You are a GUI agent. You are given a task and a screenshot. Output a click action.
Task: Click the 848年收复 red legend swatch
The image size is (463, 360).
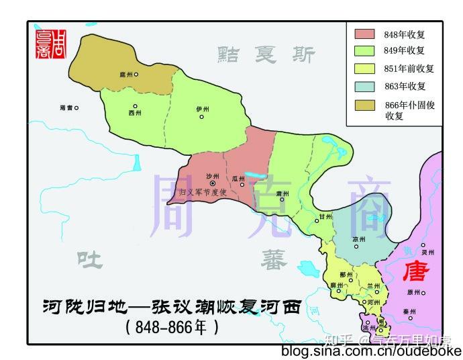point(364,34)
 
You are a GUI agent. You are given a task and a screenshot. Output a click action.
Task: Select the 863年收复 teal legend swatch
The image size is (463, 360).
point(364,86)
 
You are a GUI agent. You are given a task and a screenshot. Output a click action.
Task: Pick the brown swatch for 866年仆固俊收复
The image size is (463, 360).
point(364,104)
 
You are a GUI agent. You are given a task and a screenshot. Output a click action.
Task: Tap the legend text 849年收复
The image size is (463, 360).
point(405,51)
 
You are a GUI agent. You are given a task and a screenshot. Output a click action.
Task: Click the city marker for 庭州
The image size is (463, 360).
point(136,74)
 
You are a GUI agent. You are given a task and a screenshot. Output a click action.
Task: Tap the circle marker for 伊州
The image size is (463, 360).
point(201,117)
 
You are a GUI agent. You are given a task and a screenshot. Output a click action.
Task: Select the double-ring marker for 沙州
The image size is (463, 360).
point(213,183)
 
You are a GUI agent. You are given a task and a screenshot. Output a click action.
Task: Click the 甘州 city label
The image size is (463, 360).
point(326,217)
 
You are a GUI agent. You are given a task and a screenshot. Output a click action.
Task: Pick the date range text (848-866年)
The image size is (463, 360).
point(172,328)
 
